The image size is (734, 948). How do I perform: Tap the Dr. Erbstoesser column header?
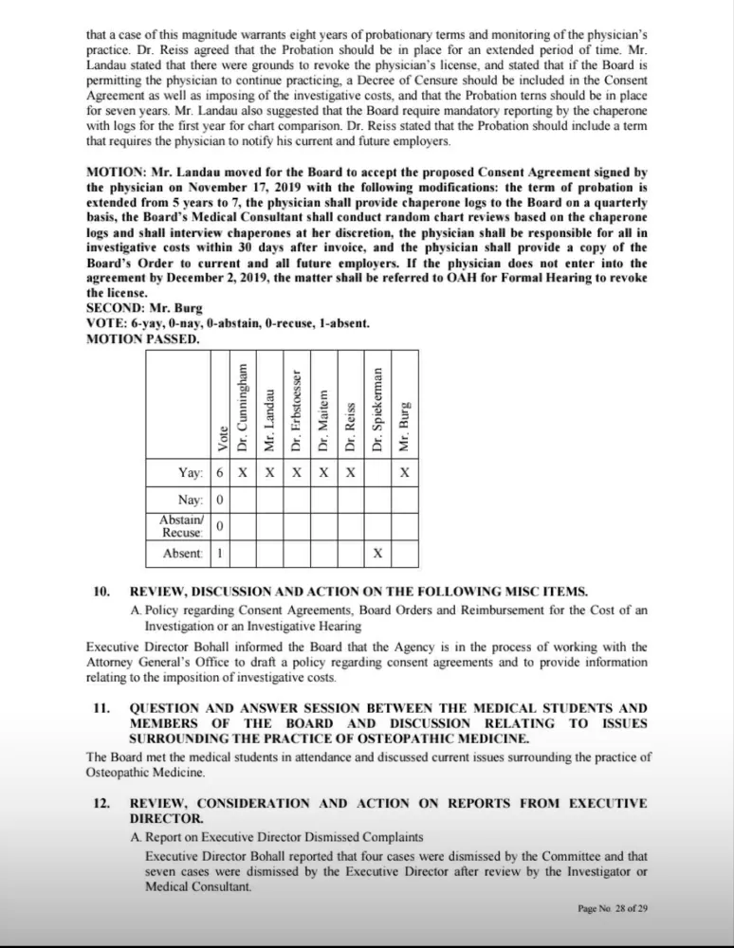coord(296,410)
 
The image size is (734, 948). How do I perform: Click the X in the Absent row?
coord(377,553)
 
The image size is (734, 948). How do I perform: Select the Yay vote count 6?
coord(220,472)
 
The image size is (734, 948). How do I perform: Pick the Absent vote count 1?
coord(220,553)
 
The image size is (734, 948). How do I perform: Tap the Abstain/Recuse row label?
coord(182,526)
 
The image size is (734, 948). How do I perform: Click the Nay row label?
coord(191,500)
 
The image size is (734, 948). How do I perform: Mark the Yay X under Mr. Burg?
coord(405,472)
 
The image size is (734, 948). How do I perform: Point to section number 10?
coord(101,592)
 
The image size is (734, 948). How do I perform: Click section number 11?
coord(101,708)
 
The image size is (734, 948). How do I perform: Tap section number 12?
coord(101,803)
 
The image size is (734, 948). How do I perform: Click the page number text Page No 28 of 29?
coord(613,908)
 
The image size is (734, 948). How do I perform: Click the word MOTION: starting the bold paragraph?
coord(116,173)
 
